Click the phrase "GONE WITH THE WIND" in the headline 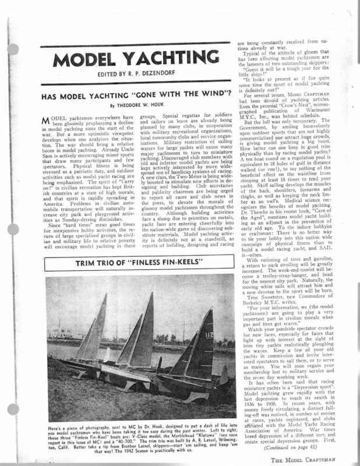(154, 96)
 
